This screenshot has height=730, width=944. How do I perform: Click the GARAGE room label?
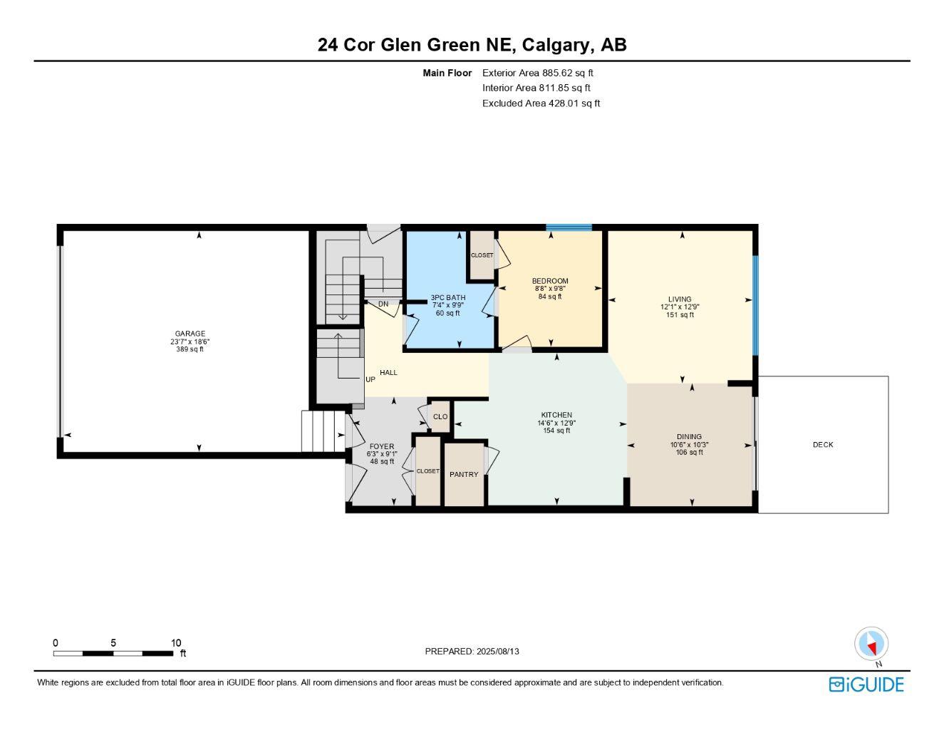coord(190,334)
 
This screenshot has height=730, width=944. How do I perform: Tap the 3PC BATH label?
coord(447,297)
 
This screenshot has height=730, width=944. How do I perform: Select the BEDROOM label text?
coord(550,281)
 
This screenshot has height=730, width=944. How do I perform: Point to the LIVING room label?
coord(679,299)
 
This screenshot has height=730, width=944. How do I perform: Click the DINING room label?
coord(689,437)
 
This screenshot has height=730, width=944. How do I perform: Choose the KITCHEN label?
coord(556,415)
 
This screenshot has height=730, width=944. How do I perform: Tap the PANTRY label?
coord(464,475)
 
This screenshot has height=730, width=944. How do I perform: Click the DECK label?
coord(823,445)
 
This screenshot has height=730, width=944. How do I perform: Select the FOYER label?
coord(382,446)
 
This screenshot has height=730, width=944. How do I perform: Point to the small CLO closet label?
coord(440,417)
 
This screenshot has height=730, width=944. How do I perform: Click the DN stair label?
coord(383,304)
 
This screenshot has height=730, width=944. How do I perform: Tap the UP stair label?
coord(370,380)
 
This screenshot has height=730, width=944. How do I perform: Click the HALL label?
coord(388,373)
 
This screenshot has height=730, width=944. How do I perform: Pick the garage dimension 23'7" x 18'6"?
coord(190,341)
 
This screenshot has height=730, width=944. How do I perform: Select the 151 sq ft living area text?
coord(680,315)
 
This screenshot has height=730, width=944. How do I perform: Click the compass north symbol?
coord(871,645)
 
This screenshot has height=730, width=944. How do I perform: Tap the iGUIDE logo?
coord(866,684)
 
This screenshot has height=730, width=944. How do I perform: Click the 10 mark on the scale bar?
coord(176,642)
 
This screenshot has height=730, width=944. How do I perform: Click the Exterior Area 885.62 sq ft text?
coord(538,73)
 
